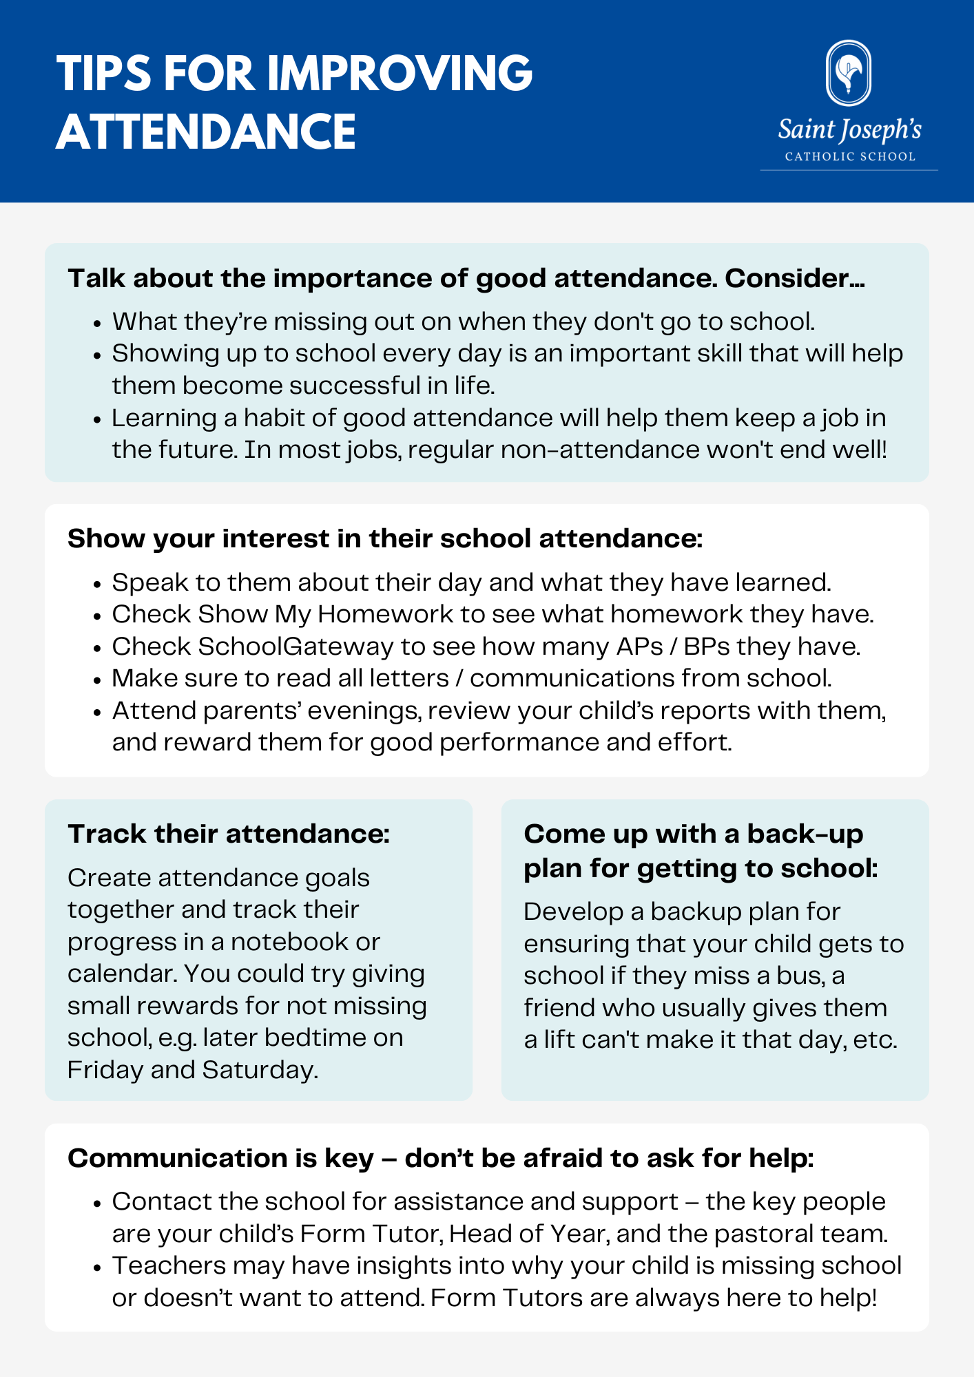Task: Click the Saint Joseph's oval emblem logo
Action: pyautogui.click(x=849, y=73)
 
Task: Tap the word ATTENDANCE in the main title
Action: pyautogui.click(x=206, y=132)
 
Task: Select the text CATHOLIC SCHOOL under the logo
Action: pyautogui.click(x=850, y=157)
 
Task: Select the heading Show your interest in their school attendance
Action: pyautogui.click(x=385, y=538)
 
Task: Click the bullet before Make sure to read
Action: pyautogui.click(x=98, y=680)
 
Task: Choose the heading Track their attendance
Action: pyautogui.click(x=229, y=834)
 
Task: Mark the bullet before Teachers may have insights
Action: pyautogui.click(x=98, y=1267)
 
